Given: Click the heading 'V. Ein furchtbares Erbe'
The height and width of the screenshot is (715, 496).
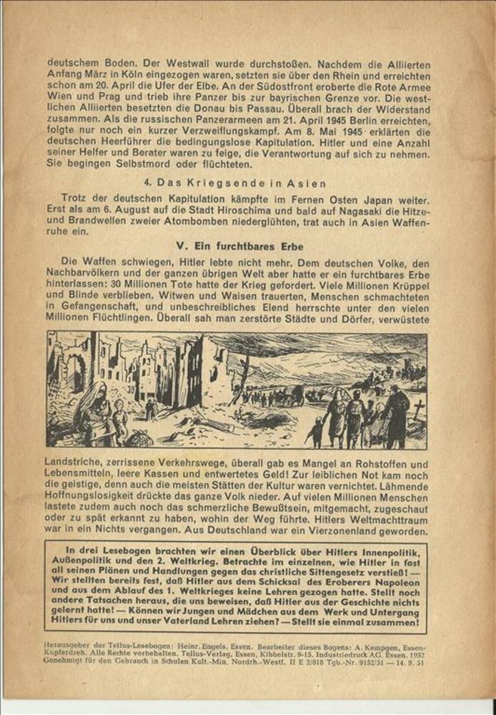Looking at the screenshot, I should (239, 246).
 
